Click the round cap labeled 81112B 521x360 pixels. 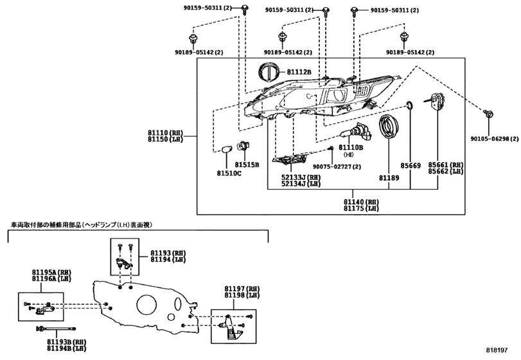pos(267,72)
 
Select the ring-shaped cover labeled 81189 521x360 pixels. pos(389,127)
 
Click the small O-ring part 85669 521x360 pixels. pos(410,105)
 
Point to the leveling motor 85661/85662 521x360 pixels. pos(436,100)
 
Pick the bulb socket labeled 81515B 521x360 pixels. pos(243,147)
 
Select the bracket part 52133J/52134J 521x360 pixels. pos(289,159)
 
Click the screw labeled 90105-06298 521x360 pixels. pos(488,114)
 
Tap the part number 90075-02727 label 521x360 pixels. pos(337,166)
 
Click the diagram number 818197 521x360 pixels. pos(497,350)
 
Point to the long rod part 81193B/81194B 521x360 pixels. pos(56,328)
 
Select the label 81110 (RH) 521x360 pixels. pos(166,132)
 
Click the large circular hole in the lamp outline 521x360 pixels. pos(146,304)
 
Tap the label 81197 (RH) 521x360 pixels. pos(242,289)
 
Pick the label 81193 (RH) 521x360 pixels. pos(168,253)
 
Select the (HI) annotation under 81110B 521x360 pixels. pos(349,155)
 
